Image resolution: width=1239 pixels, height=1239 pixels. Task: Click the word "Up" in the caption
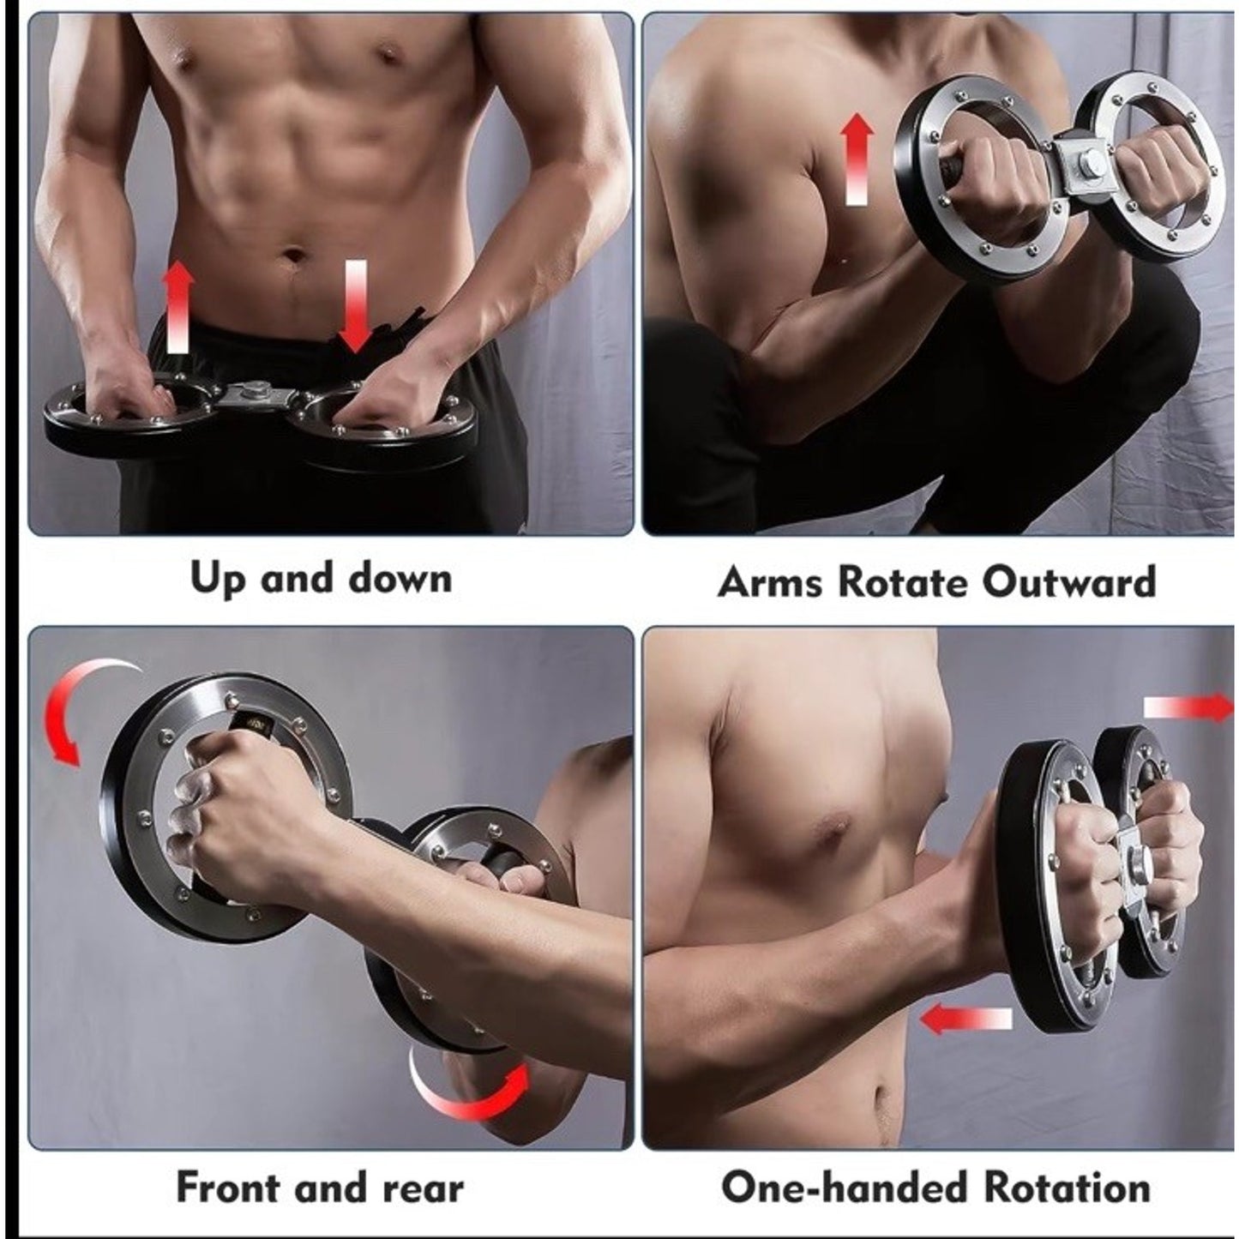click(x=217, y=580)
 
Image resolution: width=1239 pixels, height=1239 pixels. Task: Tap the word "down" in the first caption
click(x=400, y=579)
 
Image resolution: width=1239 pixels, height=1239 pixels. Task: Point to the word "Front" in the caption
click(x=227, y=1188)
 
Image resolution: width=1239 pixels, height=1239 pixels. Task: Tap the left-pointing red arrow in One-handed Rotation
click(x=965, y=1019)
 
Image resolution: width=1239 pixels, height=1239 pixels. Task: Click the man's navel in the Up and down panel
click(x=295, y=256)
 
